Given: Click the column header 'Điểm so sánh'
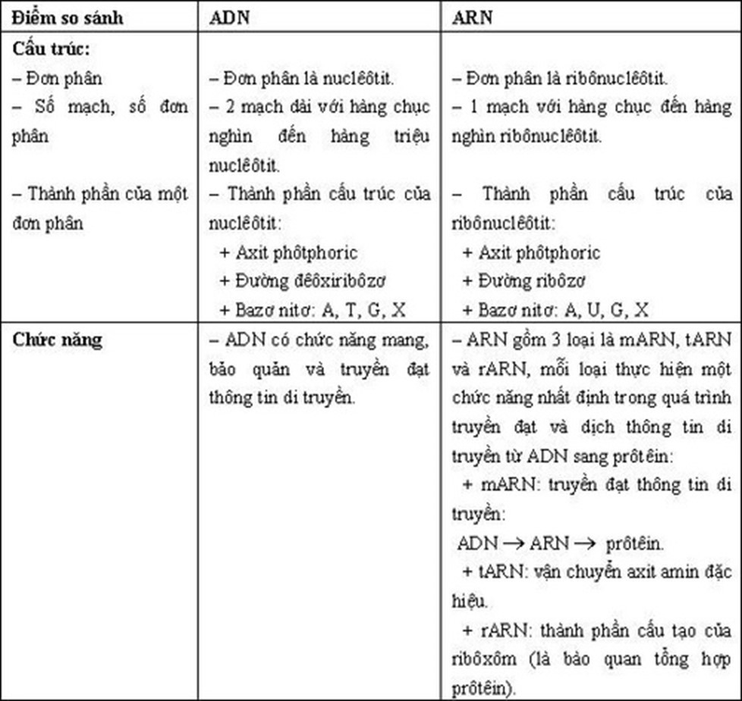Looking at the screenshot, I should (x=68, y=17).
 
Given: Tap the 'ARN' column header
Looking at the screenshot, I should (x=471, y=17).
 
